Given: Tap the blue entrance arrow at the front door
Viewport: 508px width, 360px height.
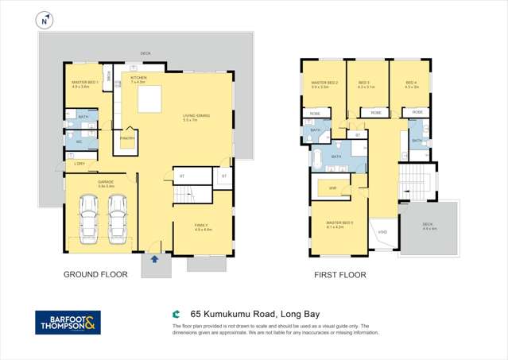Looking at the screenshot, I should click(x=154, y=259).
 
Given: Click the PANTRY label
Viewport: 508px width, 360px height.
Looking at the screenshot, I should click(x=127, y=138).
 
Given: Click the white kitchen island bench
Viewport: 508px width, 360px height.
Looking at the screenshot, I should click(x=149, y=100).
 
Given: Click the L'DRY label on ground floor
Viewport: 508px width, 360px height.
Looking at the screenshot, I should click(x=79, y=164).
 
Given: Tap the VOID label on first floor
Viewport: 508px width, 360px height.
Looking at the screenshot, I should click(x=382, y=232).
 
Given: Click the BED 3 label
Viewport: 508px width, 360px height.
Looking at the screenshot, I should click(x=365, y=83).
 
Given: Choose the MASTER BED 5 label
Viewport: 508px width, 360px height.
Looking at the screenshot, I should click(x=340, y=223).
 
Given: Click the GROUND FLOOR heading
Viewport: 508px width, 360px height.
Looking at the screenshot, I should click(x=95, y=274).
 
